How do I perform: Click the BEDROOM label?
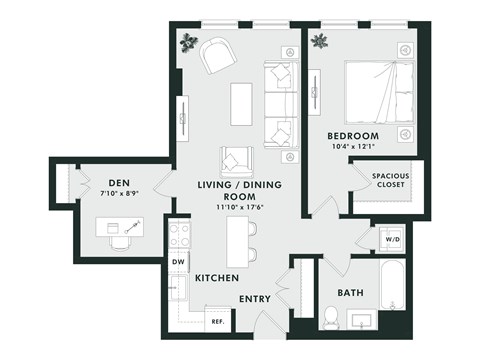tap(353, 135)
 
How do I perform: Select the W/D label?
tap(390, 240)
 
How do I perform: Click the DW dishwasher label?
tap(179, 262)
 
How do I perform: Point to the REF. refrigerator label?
tap(217, 321)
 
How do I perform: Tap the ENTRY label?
tap(256, 299)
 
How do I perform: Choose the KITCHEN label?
tap(216, 277)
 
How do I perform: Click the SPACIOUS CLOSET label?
tap(390, 180)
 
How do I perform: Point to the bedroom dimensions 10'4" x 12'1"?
tap(353, 148)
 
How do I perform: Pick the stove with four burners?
tap(180, 235)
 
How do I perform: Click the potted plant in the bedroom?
tap(320, 42)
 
